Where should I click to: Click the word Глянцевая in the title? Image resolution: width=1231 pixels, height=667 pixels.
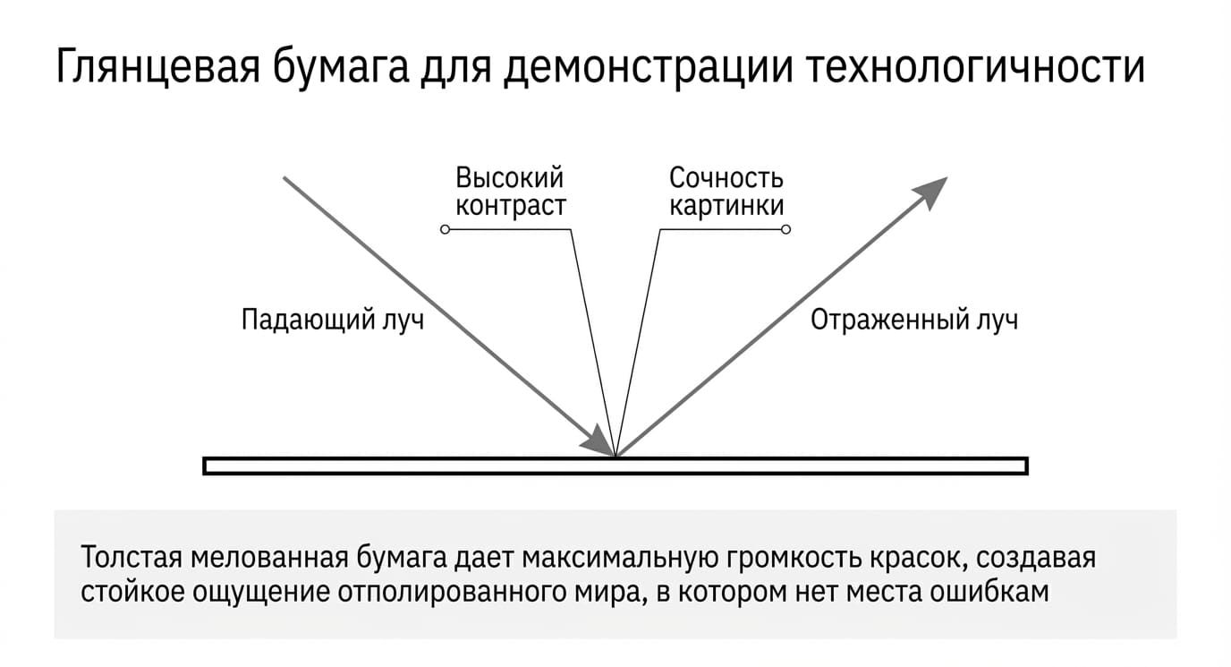[157, 68]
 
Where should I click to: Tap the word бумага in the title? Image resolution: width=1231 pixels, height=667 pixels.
[341, 68]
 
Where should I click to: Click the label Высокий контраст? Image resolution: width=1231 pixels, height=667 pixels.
[511, 192]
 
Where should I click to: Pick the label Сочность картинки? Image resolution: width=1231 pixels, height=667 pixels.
[726, 192]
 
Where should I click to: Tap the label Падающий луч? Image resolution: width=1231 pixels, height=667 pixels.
[333, 320]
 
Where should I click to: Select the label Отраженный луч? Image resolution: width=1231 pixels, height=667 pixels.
[914, 320]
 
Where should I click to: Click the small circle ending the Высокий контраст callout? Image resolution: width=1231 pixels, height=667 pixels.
[446, 229]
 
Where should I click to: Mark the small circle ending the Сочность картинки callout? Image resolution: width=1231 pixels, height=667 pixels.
[785, 229]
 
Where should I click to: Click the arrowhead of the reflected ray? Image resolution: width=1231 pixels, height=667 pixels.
[931, 192]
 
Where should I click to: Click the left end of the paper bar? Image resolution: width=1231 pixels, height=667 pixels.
[204, 466]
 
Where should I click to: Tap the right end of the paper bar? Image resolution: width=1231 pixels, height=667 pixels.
[1026, 466]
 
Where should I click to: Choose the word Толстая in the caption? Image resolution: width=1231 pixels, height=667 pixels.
[131, 557]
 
